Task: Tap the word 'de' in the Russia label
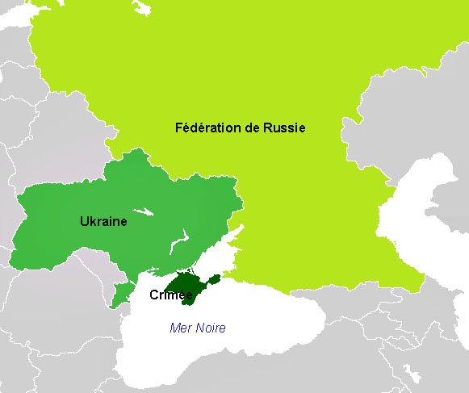pyautogui.click(x=252, y=128)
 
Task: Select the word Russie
pyautogui.click(x=284, y=128)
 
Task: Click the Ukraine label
pyautogui.click(x=103, y=220)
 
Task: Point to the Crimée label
pyautogui.click(x=170, y=295)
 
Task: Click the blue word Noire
pyautogui.click(x=211, y=328)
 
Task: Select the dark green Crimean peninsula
pyautogui.click(x=188, y=286)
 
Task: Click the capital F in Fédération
pyautogui.click(x=178, y=128)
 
